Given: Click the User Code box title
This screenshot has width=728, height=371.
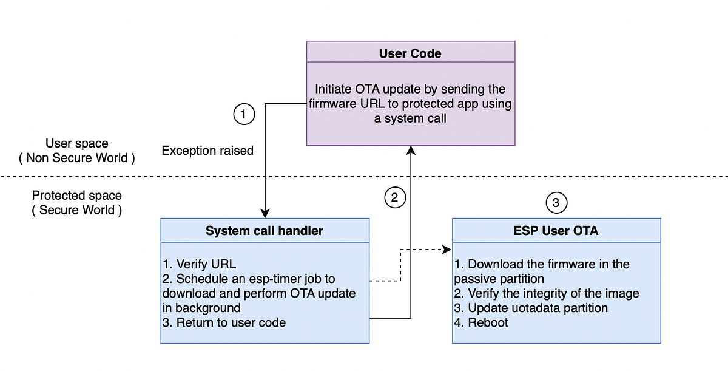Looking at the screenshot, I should (410, 53).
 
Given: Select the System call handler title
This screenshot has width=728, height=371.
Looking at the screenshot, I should (264, 230).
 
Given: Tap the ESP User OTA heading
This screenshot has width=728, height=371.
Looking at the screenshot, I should (556, 230).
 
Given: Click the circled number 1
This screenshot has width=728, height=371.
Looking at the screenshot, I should (244, 114).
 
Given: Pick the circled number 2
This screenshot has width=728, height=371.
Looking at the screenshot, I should (394, 197).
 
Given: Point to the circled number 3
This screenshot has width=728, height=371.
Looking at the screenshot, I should (556, 202).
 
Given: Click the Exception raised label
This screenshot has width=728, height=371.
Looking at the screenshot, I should (207, 151).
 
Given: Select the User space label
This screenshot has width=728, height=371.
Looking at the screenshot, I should (77, 143).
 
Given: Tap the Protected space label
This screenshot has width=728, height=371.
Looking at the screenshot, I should (77, 196).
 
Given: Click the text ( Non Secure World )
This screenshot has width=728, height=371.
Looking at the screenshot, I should (77, 158).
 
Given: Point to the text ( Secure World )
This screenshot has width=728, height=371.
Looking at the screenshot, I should (77, 210).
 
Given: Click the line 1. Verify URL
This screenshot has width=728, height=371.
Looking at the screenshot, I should (199, 264).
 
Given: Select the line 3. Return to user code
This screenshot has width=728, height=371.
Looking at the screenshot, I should (224, 322).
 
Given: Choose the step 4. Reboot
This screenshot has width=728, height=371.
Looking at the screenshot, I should (481, 322).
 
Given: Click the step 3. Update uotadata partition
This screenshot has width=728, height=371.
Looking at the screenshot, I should (531, 308).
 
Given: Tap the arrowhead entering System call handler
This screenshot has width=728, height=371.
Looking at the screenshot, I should (265, 214).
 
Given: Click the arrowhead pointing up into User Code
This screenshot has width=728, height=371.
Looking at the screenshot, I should (411, 150).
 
